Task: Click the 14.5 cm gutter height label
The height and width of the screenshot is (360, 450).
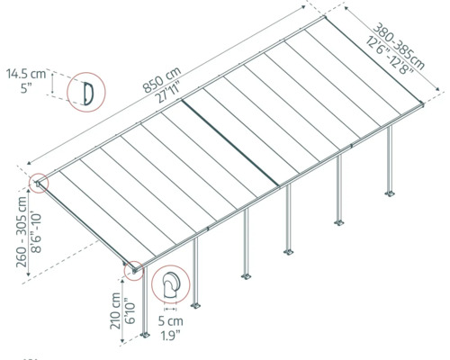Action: coord(26,72)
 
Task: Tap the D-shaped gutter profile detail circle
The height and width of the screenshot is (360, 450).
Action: coord(85,91)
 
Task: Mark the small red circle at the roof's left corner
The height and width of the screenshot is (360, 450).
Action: coord(41,184)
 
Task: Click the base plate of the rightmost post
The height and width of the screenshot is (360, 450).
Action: coord(391,193)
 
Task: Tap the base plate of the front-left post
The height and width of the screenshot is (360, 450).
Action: coord(144,338)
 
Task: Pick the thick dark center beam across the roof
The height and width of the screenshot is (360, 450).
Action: coord(229,139)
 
